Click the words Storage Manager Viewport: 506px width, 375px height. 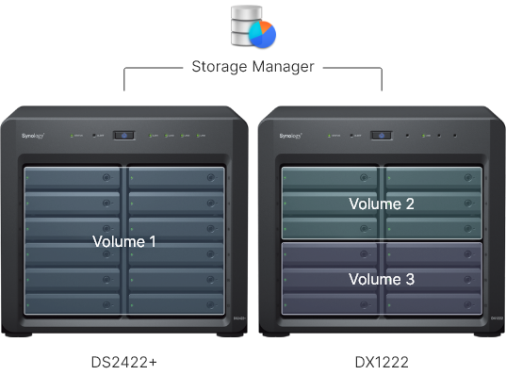point(253,67)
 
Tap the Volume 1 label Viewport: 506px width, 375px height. point(124,242)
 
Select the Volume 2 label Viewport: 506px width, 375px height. point(382,204)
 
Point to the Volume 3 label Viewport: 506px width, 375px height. point(382,280)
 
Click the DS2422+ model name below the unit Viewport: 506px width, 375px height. point(124,360)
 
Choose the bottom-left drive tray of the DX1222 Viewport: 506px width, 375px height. point(331,304)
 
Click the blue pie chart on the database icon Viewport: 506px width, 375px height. point(263,33)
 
